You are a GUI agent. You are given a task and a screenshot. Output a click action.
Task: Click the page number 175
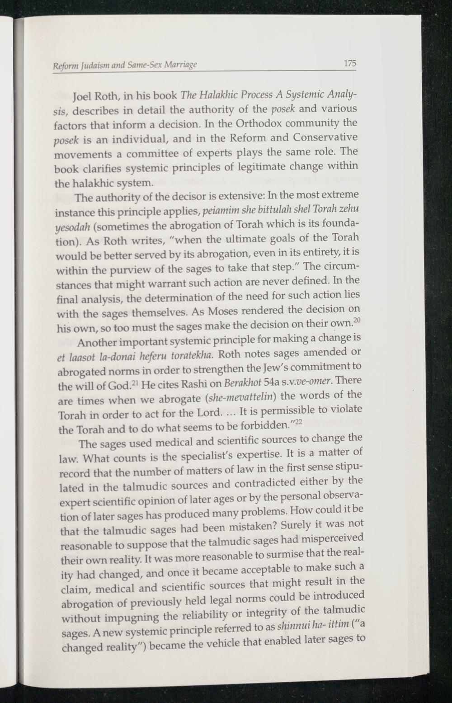tap(349, 63)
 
